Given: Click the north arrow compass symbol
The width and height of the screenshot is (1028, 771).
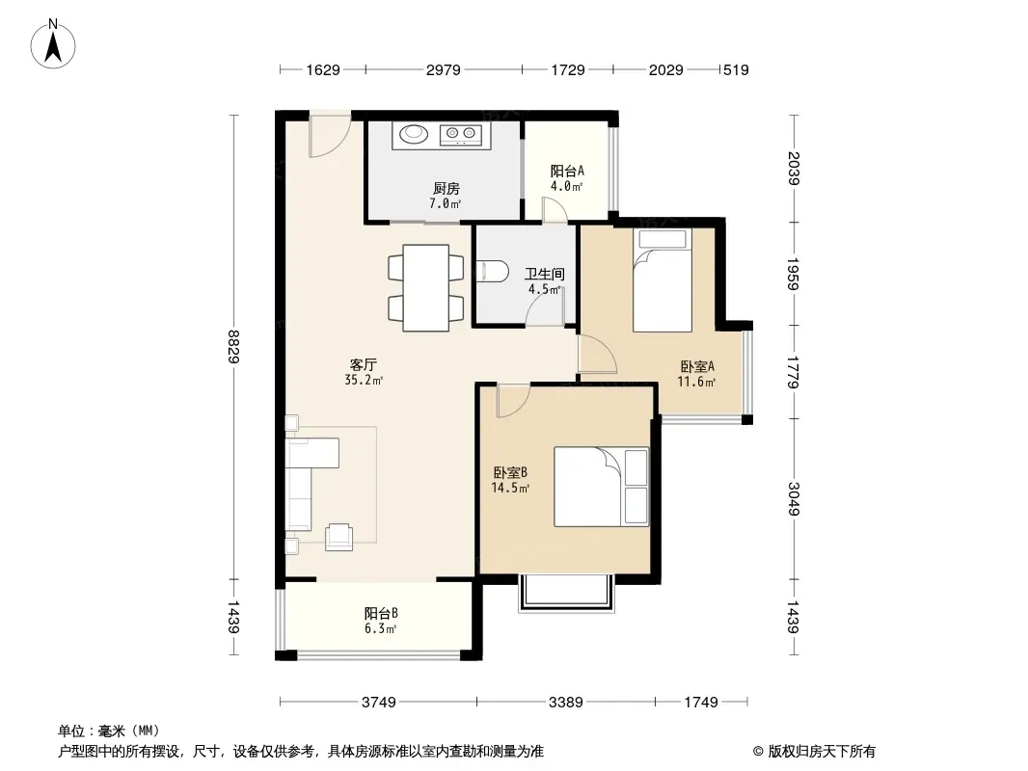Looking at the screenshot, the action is (53, 44).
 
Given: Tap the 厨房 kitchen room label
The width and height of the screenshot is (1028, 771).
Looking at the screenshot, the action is (446, 189).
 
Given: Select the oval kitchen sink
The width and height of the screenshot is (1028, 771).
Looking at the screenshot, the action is (414, 134).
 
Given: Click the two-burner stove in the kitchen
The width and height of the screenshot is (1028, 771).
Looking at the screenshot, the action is (460, 134).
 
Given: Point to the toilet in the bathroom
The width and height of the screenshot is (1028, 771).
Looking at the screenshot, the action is (493, 271).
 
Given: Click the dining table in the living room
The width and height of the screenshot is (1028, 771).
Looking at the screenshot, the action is (426, 287).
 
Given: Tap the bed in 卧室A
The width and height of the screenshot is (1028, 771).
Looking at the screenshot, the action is (663, 280).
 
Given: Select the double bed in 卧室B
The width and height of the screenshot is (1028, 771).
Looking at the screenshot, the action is (601, 487).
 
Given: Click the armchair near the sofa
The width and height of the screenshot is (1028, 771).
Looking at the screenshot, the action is (338, 537).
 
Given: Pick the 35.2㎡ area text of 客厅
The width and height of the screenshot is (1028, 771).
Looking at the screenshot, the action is (364, 380).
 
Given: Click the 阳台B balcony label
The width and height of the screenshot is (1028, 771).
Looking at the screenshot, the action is (381, 614).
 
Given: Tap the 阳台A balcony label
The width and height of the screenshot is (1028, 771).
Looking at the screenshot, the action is (567, 171).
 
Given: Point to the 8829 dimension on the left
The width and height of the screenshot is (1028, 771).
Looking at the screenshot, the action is (234, 347).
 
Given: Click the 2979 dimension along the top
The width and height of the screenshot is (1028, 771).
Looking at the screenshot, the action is (444, 70).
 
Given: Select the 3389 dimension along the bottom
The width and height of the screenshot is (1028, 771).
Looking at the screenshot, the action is (566, 703).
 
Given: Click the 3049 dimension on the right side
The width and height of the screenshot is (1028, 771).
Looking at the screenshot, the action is (794, 498).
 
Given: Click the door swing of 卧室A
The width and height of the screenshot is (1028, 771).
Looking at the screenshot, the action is (597, 354).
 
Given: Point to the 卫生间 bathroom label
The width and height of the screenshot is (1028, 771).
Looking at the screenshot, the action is (544, 274).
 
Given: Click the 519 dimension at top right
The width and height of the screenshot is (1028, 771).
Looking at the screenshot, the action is (736, 70).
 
